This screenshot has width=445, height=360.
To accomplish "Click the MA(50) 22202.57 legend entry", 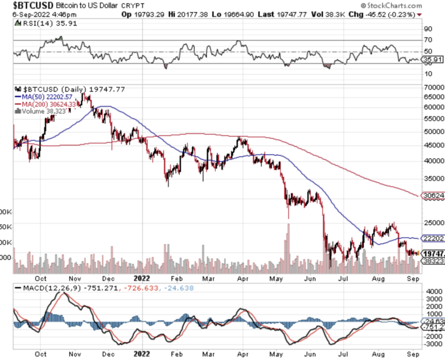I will tap(46, 97).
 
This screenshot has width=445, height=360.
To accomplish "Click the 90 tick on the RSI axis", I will tap(428, 29).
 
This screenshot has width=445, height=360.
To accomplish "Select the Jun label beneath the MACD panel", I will tap(310, 354).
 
